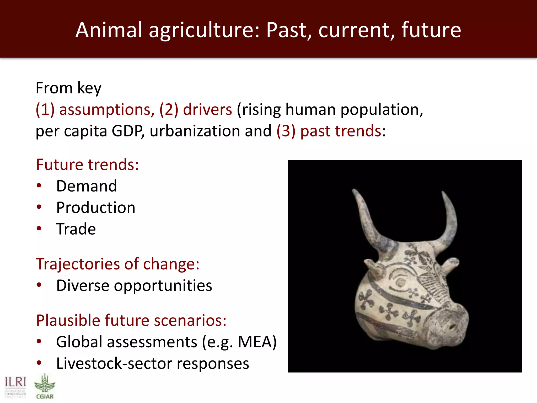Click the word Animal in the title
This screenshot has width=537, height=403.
point(109,30)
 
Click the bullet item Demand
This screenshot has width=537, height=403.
point(87,186)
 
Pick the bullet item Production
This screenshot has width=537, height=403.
point(96,208)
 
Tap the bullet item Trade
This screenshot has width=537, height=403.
point(76,229)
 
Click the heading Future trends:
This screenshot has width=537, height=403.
point(87,165)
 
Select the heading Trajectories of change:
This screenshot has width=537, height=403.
point(118,264)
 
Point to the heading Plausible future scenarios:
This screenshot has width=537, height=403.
point(131,320)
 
